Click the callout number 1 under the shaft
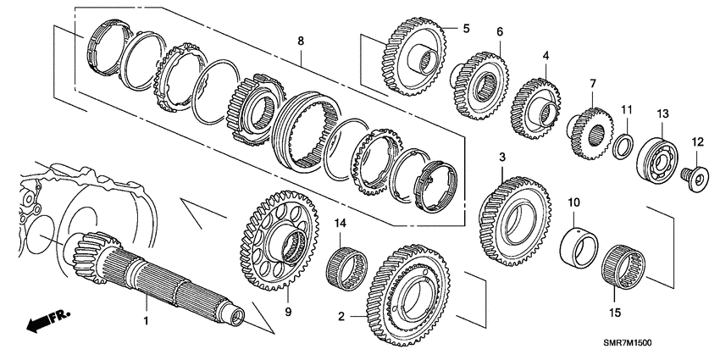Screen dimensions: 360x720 tap(145, 321)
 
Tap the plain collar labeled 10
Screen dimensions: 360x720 tap(579, 245)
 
